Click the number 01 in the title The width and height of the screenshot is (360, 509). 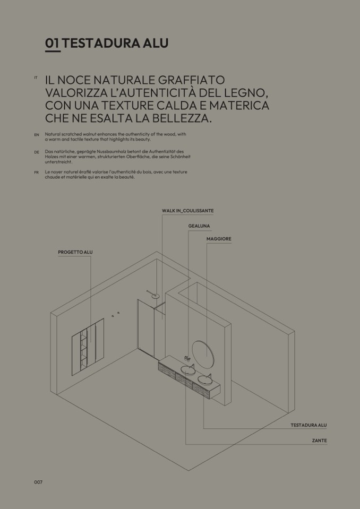(53, 43)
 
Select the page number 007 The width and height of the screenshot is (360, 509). (38, 482)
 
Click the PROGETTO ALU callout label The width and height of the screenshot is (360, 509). (75, 252)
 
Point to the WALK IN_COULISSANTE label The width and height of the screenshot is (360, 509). (187, 211)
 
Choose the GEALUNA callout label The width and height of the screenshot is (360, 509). (199, 226)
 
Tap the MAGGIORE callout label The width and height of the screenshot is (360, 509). (219, 239)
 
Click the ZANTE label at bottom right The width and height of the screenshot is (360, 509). (320, 441)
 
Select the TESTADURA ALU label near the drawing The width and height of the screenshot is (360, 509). (308, 425)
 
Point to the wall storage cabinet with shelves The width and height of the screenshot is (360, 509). (88, 347)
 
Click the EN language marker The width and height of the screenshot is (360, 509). (37, 135)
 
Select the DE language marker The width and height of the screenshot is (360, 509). (37, 152)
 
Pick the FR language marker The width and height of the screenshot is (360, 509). (36, 172)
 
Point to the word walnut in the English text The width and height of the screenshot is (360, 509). (90, 134)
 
